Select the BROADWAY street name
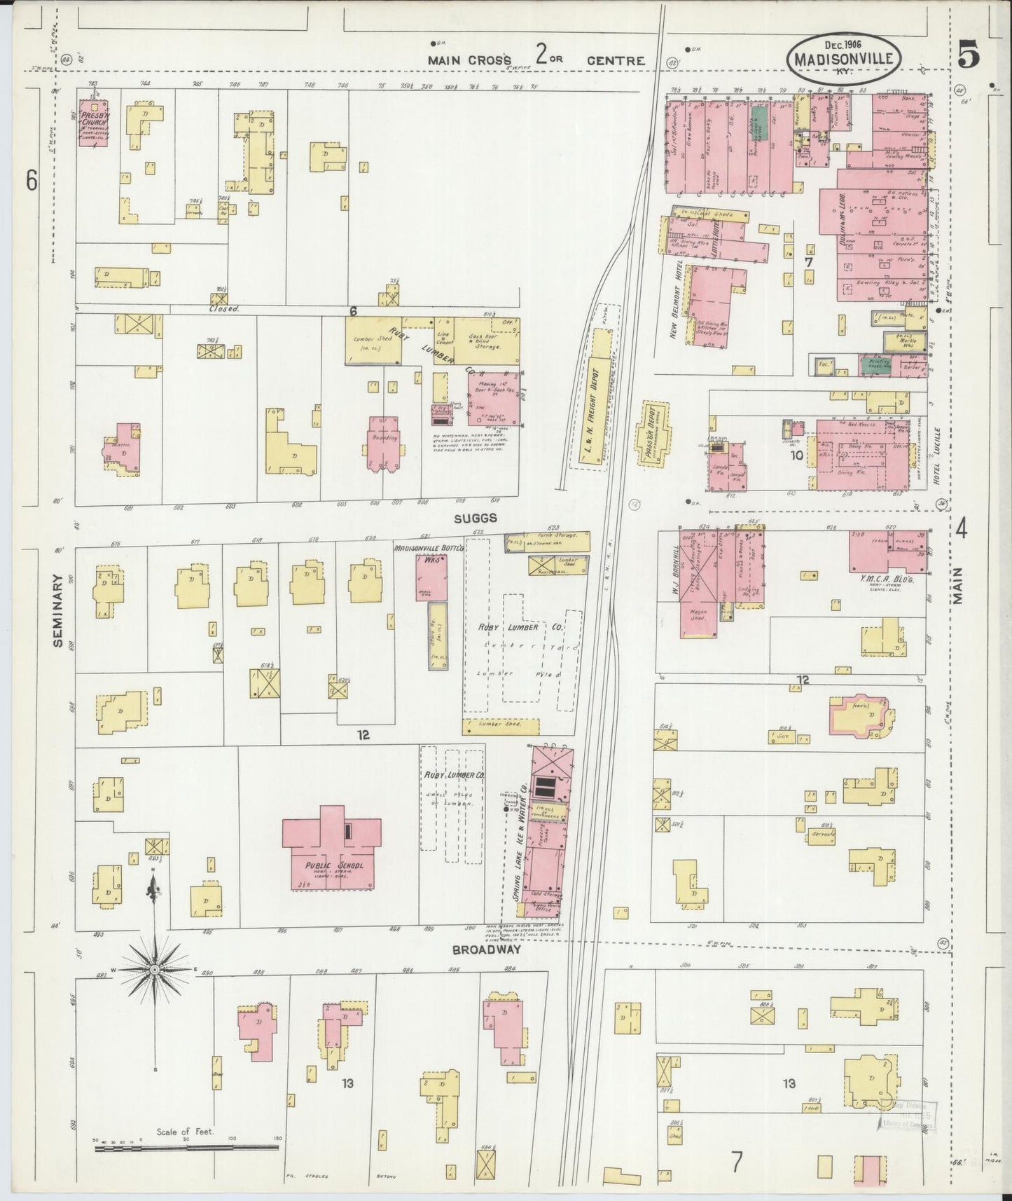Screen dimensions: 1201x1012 [x=486, y=949]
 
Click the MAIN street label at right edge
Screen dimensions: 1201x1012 [x=958, y=586]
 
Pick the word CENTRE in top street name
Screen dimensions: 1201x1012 [x=616, y=61]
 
